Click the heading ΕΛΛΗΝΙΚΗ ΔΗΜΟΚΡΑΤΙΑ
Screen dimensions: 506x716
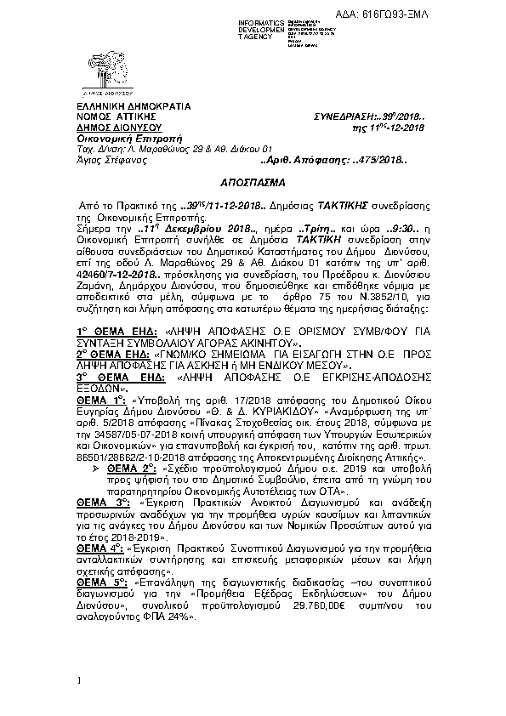pos(118,106)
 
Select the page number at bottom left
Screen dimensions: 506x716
pos(78,679)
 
